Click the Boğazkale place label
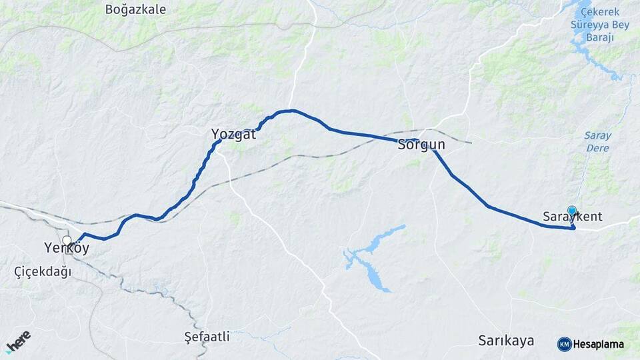(x=135, y=9)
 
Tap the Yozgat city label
(x=233, y=133)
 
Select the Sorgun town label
(x=421, y=144)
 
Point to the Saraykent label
(x=573, y=217)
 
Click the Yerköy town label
(x=67, y=248)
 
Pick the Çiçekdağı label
(x=43, y=271)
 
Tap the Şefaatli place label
(x=207, y=337)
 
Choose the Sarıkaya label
(x=506, y=341)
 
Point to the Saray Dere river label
(x=597, y=141)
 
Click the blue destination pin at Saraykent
(x=571, y=211)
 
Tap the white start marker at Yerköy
(x=67, y=241)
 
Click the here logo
(x=18, y=341)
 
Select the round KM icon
(x=564, y=344)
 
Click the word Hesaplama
(x=599, y=345)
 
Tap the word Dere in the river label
(x=597, y=148)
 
